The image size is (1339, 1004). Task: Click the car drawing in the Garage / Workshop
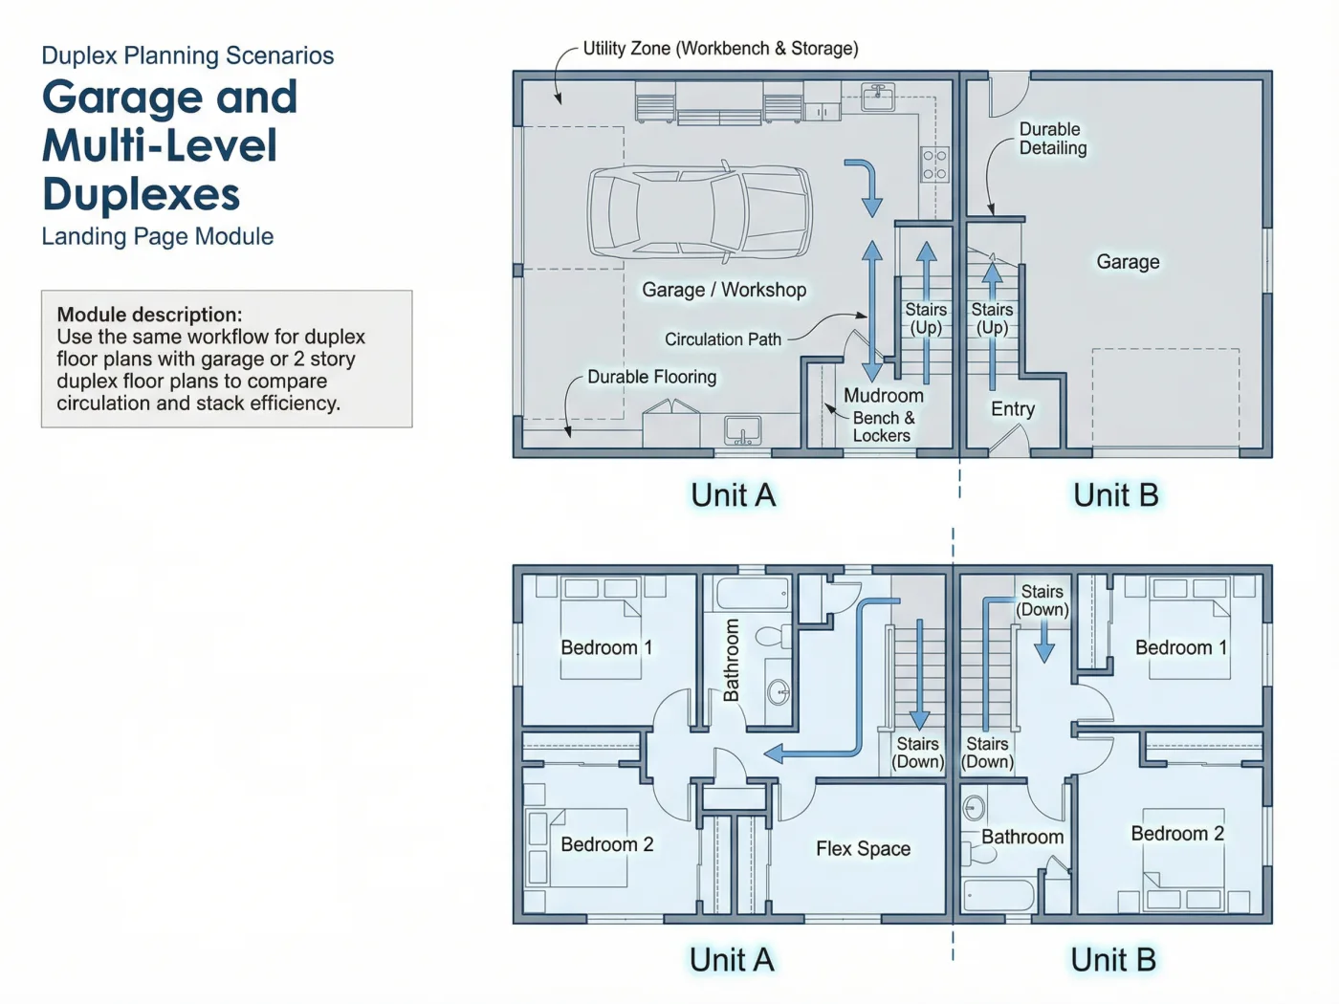tap(700, 211)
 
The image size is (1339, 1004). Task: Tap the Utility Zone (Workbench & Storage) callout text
tap(720, 48)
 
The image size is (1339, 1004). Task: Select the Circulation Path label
tap(723, 338)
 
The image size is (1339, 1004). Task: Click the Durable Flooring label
tap(651, 377)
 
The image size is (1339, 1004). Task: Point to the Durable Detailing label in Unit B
tap(1053, 139)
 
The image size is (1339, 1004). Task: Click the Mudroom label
tap(884, 395)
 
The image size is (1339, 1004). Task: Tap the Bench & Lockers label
tap(884, 426)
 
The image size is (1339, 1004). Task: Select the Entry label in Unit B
tap(1013, 408)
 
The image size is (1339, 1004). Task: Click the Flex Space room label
tap(864, 848)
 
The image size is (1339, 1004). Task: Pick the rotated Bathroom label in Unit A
tap(731, 660)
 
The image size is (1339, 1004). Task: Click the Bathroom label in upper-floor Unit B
tap(1022, 837)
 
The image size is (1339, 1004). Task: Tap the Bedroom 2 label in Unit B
tap(1177, 833)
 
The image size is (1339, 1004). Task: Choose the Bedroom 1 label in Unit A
tap(606, 646)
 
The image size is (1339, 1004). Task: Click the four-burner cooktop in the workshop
tap(934, 164)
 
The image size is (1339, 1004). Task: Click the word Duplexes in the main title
tap(141, 194)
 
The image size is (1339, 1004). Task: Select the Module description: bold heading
tap(149, 315)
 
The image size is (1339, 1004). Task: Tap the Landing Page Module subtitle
tap(158, 236)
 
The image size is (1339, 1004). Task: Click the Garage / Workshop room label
tap(724, 290)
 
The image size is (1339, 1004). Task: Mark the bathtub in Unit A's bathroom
tap(752, 593)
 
